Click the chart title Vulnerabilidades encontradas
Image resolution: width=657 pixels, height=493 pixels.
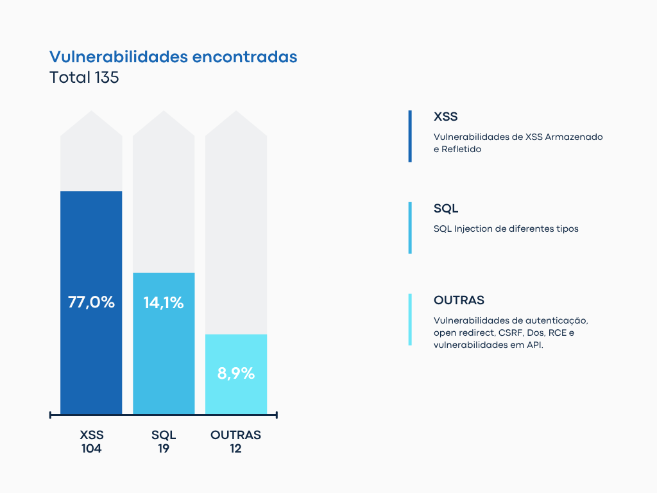pyautogui.click(x=173, y=56)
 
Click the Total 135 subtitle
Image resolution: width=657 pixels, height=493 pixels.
pyautogui.click(x=84, y=78)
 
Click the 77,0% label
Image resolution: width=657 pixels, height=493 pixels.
pyautogui.click(x=91, y=302)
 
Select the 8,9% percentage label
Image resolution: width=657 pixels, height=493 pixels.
pyautogui.click(x=235, y=373)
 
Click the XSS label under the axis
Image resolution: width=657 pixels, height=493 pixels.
pyautogui.click(x=92, y=435)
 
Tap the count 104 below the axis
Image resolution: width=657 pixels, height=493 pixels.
pyautogui.click(x=92, y=449)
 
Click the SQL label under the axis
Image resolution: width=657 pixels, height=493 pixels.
pyautogui.click(x=164, y=435)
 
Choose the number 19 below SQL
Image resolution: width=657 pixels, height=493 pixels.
pyautogui.click(x=164, y=449)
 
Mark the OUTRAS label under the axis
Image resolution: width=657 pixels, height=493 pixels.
pyautogui.click(x=235, y=435)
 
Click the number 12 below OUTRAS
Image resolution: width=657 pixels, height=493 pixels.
pyautogui.click(x=235, y=449)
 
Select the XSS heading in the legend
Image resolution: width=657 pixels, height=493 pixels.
pyautogui.click(x=445, y=117)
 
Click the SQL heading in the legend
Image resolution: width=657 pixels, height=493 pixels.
pyautogui.click(x=446, y=209)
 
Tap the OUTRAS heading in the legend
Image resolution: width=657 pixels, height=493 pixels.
pyautogui.click(x=459, y=300)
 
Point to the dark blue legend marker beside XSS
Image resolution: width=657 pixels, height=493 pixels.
pyautogui.click(x=410, y=136)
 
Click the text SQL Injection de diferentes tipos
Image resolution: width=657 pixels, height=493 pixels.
pyautogui.click(x=506, y=229)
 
